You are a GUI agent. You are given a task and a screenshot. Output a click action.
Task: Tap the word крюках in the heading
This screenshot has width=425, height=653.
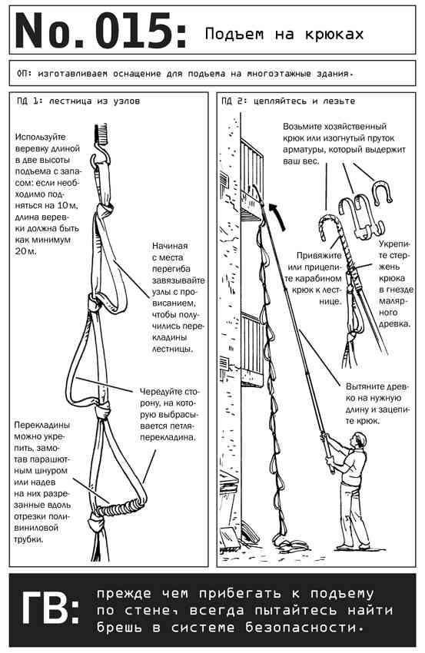(334, 34)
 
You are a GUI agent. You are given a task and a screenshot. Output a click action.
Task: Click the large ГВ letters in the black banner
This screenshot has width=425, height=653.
(51, 611)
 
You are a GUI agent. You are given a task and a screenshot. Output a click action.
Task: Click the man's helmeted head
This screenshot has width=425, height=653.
(359, 441)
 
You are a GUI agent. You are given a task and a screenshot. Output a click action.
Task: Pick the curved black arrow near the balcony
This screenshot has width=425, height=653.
(278, 214)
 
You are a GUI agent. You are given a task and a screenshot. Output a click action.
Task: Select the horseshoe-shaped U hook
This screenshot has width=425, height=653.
(380, 192)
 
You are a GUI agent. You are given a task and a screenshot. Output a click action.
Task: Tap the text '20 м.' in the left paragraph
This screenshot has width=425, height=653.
(26, 251)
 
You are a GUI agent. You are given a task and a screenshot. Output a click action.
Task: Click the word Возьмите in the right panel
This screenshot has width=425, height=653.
(305, 126)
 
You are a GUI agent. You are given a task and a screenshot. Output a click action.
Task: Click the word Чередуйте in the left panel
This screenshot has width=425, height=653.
(162, 392)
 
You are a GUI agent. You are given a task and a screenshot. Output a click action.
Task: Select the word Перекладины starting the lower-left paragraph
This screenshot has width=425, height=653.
(42, 425)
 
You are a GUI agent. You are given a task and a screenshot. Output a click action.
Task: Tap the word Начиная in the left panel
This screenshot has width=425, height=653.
(170, 246)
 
